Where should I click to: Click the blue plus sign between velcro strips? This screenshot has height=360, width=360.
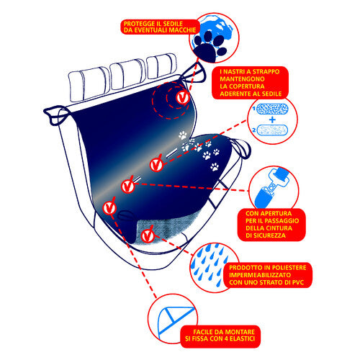click(x=272, y=120)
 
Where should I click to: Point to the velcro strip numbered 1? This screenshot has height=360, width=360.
click(x=272, y=109)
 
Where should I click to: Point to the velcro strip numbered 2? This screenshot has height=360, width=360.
click(x=272, y=130)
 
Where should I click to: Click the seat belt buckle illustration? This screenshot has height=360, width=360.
click(x=272, y=188)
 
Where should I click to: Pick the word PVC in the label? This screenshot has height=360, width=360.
click(x=298, y=282)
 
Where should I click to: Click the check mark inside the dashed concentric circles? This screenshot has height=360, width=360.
click(x=182, y=98)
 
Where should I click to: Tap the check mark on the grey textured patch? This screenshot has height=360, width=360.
click(x=148, y=235)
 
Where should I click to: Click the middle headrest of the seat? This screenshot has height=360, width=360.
click(x=127, y=74)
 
